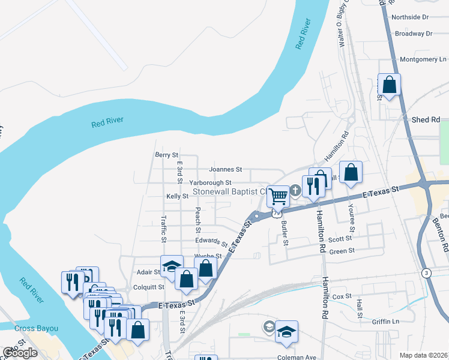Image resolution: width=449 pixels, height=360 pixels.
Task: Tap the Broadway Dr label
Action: (x=414, y=34)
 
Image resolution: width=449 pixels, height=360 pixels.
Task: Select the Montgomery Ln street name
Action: (x=423, y=59)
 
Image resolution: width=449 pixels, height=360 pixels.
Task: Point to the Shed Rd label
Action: (x=426, y=120)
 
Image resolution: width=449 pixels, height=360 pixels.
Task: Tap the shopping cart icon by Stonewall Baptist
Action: (x=278, y=196)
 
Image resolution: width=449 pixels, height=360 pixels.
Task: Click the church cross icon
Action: (x=295, y=191)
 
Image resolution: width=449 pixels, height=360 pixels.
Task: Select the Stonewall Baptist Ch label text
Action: (x=229, y=193)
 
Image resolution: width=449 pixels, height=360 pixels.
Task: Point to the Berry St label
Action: (x=166, y=155)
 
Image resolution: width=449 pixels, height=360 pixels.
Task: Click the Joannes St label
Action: (x=225, y=170)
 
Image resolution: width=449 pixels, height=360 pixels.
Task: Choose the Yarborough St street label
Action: (x=210, y=182)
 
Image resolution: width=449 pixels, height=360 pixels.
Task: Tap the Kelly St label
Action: (x=177, y=196)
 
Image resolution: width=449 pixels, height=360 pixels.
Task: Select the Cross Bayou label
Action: (x=37, y=328)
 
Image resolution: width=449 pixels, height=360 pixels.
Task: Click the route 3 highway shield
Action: (x=426, y=274)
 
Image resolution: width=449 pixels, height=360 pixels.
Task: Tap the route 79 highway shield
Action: (x=276, y=212)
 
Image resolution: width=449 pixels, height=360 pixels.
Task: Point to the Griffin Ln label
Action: (x=385, y=321)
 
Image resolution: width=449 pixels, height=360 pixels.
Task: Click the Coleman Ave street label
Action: (x=294, y=358)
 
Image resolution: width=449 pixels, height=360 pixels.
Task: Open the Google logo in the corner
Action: (x=20, y=353)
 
